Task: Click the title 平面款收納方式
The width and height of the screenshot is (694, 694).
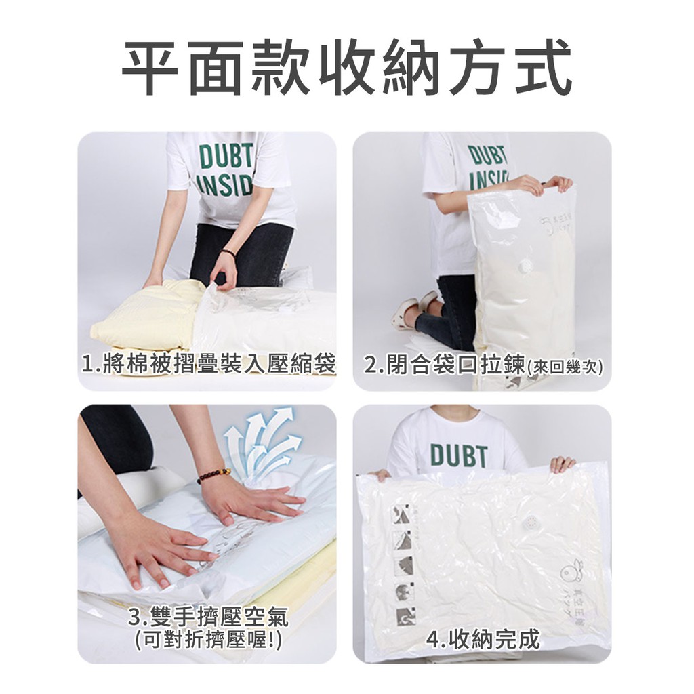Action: [x=346, y=68]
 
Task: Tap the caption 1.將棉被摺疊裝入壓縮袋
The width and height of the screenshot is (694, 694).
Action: [x=208, y=365]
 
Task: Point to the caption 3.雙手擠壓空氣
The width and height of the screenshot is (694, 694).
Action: [x=208, y=617]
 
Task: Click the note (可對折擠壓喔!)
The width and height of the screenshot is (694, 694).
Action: [x=208, y=640]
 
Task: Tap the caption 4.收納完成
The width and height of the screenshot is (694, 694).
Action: [x=483, y=639]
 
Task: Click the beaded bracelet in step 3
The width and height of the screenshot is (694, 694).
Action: [x=213, y=475]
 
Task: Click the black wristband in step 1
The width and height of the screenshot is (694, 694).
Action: [x=228, y=253]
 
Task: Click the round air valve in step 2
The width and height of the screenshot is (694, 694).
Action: [x=525, y=266]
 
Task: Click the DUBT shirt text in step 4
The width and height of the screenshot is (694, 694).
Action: [x=459, y=456]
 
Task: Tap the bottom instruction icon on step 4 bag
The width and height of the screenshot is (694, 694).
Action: [x=405, y=615]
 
